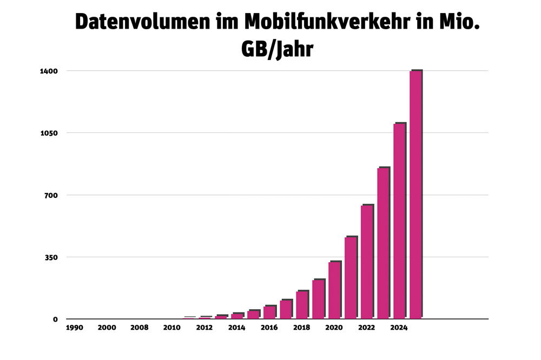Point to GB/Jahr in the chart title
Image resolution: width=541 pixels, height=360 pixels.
coord(276,50)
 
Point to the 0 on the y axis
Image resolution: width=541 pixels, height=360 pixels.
coord(55,319)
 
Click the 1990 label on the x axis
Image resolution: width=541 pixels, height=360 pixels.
coord(74,328)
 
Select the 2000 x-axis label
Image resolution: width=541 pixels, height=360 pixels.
coord(107,328)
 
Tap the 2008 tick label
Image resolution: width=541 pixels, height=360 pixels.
coord(139,328)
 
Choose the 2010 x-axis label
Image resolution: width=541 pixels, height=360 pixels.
coord(171,328)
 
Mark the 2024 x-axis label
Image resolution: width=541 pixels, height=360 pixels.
coord(399,328)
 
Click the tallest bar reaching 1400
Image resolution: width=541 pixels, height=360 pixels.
coord(415,195)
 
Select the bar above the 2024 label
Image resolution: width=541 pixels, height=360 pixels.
coord(399,222)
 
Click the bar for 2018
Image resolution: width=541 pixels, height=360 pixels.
coord(302,305)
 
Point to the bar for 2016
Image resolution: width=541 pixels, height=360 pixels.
coord(269,312)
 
